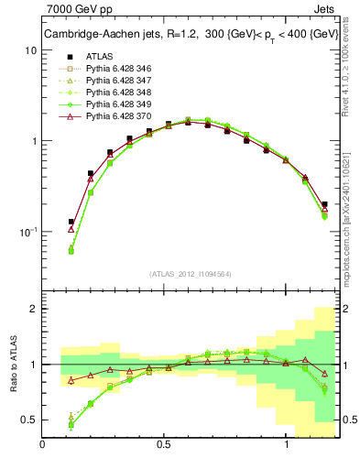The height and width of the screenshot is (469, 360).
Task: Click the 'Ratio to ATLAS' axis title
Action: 12,365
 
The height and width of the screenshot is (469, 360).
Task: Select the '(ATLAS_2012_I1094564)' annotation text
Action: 191,274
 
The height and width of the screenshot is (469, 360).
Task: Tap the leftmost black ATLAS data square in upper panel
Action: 71,222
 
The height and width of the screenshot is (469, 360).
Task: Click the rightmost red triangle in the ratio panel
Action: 325,374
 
